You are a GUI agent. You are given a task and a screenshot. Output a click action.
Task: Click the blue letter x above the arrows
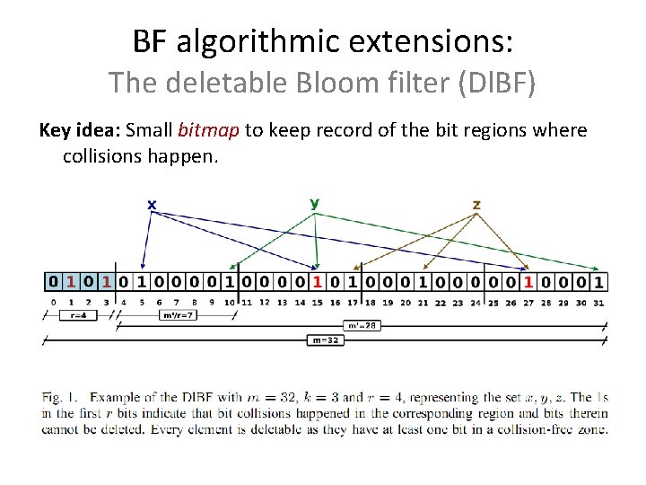pos(152,205)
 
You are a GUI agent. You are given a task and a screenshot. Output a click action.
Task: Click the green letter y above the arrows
pos(314,204)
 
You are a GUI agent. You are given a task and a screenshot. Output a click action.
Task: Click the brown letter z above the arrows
pos(476,205)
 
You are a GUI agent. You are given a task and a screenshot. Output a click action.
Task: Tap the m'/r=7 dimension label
pos(177,315)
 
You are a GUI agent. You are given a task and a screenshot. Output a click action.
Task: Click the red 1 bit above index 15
pos(317,282)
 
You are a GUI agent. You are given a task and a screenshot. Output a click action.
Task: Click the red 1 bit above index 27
pos(528,282)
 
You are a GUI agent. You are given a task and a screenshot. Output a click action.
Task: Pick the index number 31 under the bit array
pos(598,302)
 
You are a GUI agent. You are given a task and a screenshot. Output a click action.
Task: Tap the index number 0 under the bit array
pos(54,302)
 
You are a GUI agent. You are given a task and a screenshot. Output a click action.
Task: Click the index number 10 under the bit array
pos(230,302)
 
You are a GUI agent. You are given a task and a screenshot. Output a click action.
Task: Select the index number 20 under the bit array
pos(406,302)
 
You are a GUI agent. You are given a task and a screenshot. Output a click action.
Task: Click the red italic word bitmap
pos(209,130)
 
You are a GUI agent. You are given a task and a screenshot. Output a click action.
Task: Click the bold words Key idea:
pos(79,130)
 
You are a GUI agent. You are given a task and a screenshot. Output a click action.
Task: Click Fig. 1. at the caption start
pos(60,397)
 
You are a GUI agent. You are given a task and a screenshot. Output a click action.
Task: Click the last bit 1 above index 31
pos(598,282)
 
